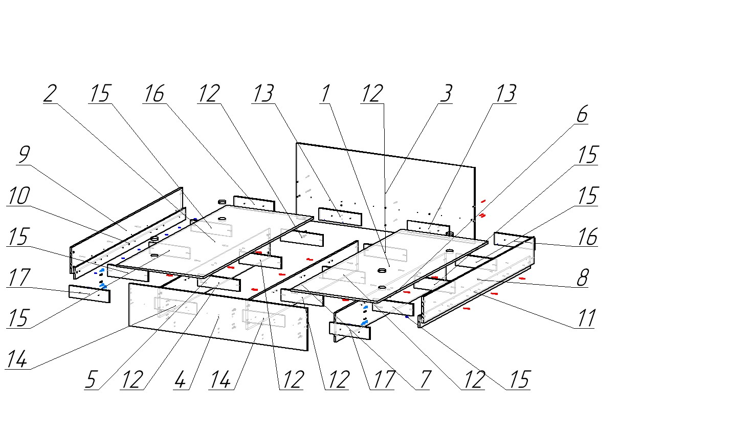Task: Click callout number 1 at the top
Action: coord(325,94)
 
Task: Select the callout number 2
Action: coord(49,94)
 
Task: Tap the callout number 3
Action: coord(446,94)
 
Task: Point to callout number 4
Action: coord(180,380)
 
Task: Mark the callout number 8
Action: coord(582,278)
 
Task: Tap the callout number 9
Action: coord(23,155)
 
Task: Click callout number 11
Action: coord(585,319)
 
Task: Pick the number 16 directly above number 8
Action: coord(587,237)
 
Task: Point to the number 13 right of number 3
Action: coord(505,94)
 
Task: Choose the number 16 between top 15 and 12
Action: coord(154,94)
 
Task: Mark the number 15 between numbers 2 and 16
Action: coord(100,94)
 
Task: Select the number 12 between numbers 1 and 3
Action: coord(372,94)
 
